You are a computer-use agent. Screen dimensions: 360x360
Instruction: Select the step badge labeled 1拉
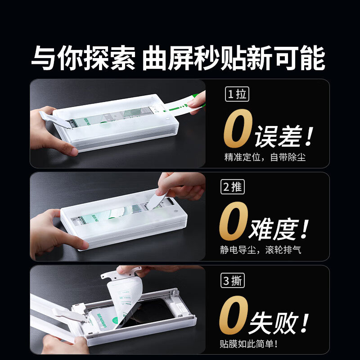pyautogui.click(x=236, y=94)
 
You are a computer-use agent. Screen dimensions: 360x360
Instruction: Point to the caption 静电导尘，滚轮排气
pyautogui.click(x=261, y=250)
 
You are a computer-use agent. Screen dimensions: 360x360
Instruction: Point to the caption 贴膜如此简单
pyautogui.click(x=248, y=344)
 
